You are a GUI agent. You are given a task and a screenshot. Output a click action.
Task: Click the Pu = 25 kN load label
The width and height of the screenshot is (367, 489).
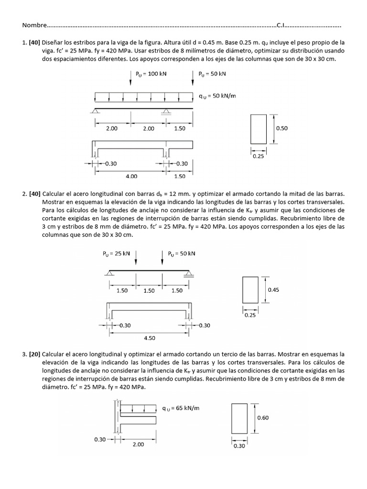[x=116, y=254]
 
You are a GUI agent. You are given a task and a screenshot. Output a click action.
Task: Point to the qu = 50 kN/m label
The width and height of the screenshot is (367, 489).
[x=218, y=96]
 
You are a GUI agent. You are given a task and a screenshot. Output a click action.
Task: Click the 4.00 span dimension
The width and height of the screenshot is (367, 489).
[x=131, y=176]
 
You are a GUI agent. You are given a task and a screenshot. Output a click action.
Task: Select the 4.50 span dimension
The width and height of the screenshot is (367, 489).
[x=150, y=338]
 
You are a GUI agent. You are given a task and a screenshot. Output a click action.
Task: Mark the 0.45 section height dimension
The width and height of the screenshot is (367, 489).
[x=273, y=289]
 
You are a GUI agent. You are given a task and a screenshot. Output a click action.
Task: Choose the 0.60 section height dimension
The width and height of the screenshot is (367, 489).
[x=263, y=417]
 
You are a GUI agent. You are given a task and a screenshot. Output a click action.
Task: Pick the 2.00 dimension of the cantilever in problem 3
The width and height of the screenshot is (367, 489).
[x=138, y=444]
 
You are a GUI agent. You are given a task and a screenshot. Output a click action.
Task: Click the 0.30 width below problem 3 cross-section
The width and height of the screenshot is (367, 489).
[x=239, y=446]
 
